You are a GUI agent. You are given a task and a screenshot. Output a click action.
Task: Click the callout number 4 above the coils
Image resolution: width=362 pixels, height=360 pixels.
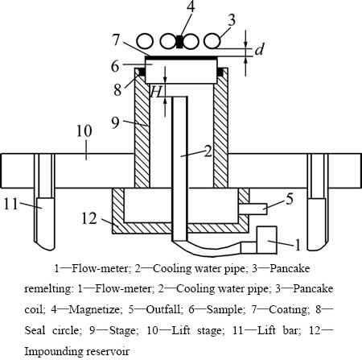tap(191, 7)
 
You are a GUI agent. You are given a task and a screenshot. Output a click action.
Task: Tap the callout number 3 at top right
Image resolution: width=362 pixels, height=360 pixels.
tap(231, 20)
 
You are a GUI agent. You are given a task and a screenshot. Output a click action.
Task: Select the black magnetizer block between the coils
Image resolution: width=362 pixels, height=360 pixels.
tap(179, 42)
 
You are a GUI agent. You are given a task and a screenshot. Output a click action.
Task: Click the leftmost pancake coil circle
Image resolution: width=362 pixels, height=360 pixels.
tap(145, 42)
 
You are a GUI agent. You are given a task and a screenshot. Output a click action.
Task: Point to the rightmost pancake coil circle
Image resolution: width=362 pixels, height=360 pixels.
tap(212, 41)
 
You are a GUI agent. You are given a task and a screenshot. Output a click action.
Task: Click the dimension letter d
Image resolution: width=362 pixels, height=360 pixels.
tap(259, 49)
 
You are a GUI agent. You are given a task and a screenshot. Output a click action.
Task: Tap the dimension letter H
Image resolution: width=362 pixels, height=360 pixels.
tap(156, 92)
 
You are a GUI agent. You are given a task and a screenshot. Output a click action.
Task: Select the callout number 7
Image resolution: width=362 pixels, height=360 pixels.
tap(116, 39)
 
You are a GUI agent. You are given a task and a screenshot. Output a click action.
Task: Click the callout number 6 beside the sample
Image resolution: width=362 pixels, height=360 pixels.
tap(115, 66)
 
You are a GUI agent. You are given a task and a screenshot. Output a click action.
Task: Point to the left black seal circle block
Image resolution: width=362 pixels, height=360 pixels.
tap(142, 72)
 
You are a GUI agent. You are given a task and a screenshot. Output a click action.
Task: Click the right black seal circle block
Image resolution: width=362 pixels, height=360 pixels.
tap(220, 72)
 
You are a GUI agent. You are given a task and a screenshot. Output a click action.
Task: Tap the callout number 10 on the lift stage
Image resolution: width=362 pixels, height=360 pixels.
tap(84, 131)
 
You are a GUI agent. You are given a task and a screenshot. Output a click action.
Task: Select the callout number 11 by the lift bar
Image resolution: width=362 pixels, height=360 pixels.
tap(10, 204)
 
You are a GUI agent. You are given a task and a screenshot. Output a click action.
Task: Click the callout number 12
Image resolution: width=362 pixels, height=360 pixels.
tap(88, 218)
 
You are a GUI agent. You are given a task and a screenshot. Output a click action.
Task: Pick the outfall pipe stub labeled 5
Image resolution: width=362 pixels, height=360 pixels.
tap(253, 209)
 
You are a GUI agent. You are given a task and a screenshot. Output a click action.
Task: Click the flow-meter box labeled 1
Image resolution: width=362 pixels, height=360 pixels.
tap(267, 240)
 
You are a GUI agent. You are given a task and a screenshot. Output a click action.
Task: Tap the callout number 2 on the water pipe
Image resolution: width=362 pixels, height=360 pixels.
tap(208, 151)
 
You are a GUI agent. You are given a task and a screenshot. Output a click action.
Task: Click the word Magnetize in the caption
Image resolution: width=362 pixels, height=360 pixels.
tap(94, 309)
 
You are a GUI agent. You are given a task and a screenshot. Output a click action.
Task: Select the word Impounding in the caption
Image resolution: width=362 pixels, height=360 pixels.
tap(54, 351)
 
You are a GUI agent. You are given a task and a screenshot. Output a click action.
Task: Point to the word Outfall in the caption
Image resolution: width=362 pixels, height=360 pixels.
tap(162, 309)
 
